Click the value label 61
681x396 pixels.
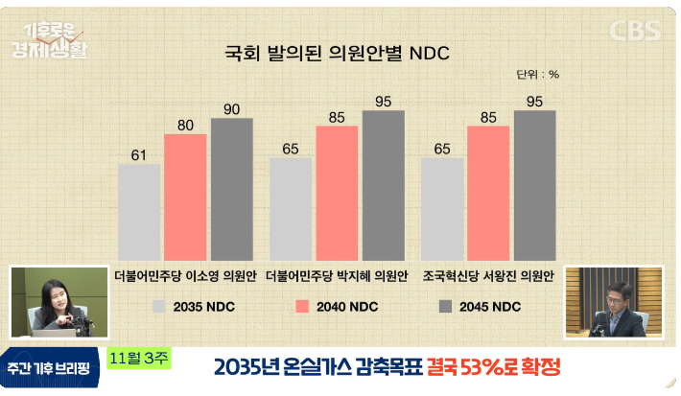(x=139, y=154)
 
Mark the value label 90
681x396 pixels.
(x=231, y=108)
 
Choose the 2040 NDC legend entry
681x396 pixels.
(x=335, y=307)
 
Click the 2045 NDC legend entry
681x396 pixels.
(x=480, y=307)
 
